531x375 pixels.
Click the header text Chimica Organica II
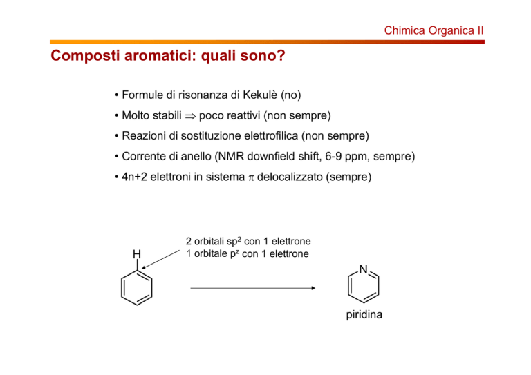pyautogui.click(x=434, y=31)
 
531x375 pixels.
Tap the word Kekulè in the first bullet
pyautogui.click(x=260, y=95)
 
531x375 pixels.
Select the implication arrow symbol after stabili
pyautogui.click(x=190, y=116)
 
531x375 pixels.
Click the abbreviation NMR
pyautogui.click(x=231, y=157)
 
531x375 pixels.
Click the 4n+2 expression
pyautogui.click(x=134, y=177)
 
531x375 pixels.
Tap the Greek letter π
pyautogui.click(x=251, y=178)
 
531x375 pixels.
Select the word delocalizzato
pyautogui.click(x=290, y=177)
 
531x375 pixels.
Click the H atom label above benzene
pyautogui.click(x=137, y=254)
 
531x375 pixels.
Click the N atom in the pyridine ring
pyautogui.click(x=364, y=269)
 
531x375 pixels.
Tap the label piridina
pyautogui.click(x=364, y=315)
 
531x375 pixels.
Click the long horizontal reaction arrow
pyautogui.click(x=253, y=288)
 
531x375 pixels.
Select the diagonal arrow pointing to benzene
pyautogui.click(x=160, y=260)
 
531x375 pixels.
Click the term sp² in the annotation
pyautogui.click(x=234, y=242)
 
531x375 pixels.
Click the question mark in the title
pyautogui.click(x=281, y=55)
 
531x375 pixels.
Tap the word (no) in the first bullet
pyautogui.click(x=291, y=95)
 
